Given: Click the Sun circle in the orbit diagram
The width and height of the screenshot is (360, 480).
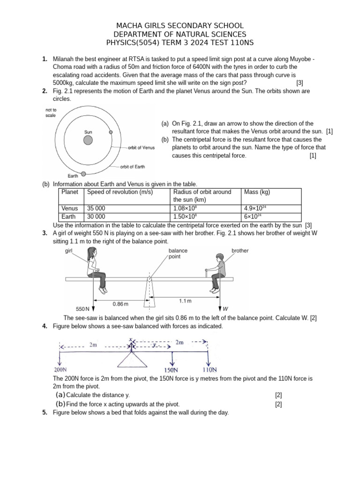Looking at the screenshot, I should coord(88,140).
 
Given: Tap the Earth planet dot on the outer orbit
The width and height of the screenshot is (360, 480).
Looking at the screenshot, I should coord(84,174).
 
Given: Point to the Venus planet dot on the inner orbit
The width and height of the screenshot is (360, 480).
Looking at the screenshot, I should coord(111,132).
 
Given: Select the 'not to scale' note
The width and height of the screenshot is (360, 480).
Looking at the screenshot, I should coord(51,112).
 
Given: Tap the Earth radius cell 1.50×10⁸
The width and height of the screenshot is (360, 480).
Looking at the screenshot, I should coord(183,217).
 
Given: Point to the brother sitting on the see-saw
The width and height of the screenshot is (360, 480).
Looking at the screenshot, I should coord(217,272).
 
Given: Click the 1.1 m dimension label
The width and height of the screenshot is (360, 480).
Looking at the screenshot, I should coord(186,300).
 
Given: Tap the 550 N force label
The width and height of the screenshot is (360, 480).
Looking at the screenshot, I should coord(83,309).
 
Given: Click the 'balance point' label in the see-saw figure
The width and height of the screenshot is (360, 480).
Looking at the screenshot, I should coord(178,254).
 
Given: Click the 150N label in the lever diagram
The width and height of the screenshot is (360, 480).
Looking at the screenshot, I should coord(174,370).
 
